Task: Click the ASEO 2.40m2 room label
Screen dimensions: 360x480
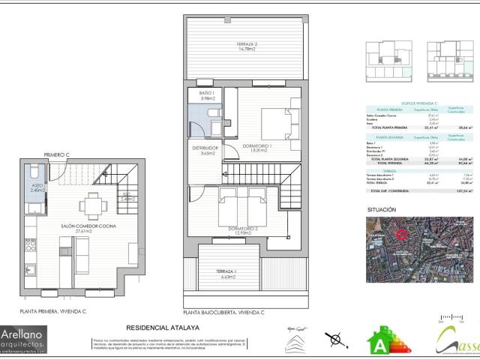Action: (35, 188)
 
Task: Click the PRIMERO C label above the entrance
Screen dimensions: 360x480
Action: (56, 154)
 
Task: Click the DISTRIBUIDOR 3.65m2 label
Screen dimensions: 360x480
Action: (203, 151)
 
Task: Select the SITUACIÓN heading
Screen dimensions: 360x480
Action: (382, 210)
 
